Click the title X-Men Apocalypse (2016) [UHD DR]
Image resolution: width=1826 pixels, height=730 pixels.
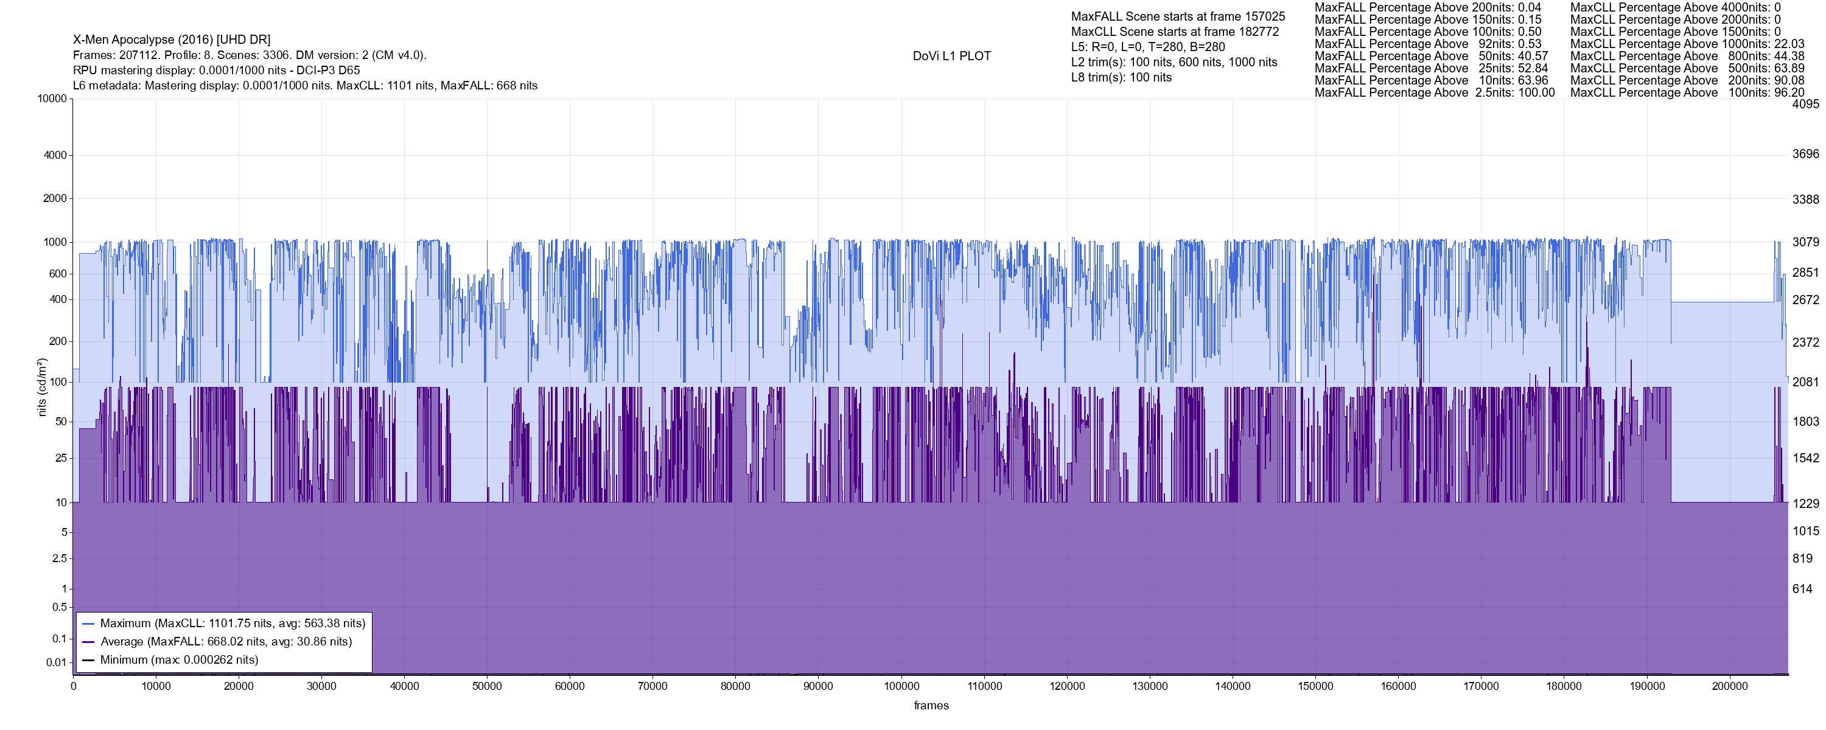(172, 40)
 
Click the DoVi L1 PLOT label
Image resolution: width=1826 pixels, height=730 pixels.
(951, 56)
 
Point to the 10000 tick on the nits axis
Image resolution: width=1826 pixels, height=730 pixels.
(52, 99)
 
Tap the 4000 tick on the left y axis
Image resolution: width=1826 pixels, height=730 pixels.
(55, 155)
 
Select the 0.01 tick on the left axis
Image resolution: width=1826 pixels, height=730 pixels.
(56, 662)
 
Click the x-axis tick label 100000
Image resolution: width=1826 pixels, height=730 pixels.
(901, 686)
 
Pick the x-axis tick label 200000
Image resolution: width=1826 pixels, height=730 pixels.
(1730, 686)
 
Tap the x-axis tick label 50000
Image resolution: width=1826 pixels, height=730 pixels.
(487, 686)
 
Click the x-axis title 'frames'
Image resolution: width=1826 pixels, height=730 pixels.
(931, 705)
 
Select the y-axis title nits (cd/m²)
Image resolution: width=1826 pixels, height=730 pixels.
(41, 387)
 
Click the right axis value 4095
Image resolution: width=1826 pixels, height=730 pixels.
(1805, 104)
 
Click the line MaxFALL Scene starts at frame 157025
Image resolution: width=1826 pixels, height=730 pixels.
(1177, 16)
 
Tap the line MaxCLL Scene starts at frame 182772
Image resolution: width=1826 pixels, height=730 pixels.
(1175, 32)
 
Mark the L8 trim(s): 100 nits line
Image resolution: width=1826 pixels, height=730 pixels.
(1121, 77)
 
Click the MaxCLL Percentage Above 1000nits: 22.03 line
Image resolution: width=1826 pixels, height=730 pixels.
(1687, 44)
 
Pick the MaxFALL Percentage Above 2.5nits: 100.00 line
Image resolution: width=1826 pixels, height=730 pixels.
(1434, 93)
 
